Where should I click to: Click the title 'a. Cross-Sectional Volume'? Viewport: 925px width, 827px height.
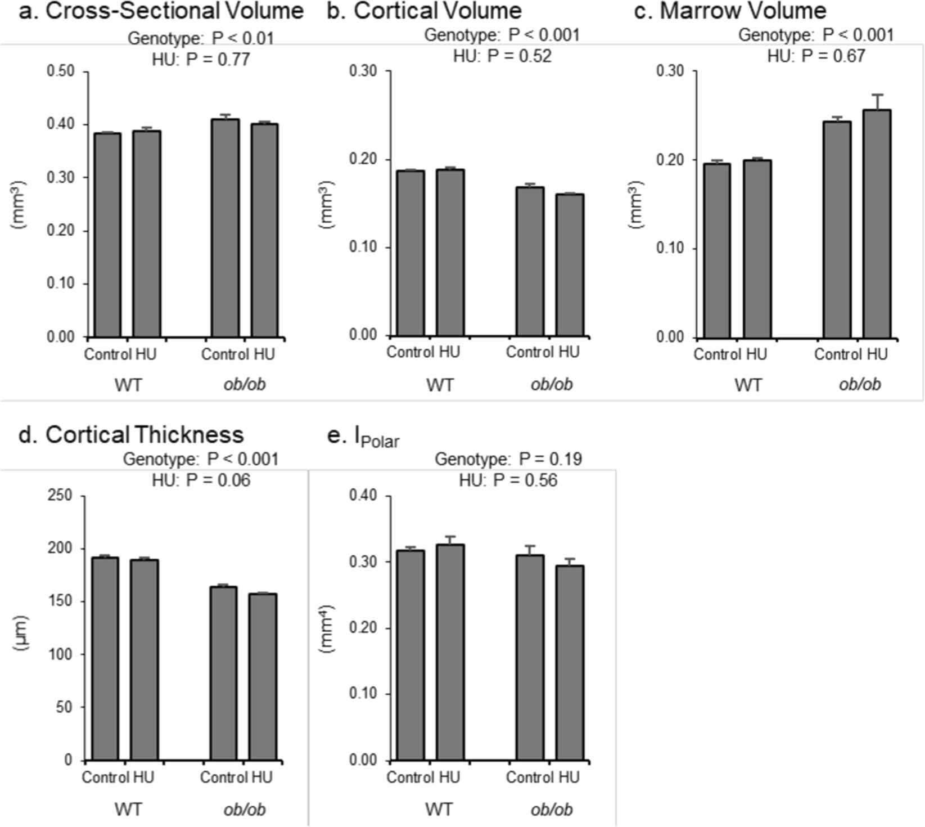click(161, 11)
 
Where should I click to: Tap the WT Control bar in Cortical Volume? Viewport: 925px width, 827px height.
click(411, 253)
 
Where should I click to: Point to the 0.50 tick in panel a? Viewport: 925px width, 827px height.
click(61, 71)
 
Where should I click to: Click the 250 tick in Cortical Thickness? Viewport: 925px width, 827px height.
click(61, 496)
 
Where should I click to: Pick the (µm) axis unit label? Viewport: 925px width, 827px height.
click(22, 633)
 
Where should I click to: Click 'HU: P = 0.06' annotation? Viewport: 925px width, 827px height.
click(201, 480)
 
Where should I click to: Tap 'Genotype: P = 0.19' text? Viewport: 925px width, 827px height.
click(508, 459)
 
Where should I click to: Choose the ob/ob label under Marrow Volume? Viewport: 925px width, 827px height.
click(859, 385)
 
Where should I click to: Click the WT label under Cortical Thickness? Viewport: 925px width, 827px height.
click(128, 810)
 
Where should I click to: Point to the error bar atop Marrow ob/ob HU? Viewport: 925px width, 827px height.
click(877, 102)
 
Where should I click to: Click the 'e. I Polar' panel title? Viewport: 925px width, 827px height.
click(363, 437)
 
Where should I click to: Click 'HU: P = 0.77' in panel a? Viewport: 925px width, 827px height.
click(201, 59)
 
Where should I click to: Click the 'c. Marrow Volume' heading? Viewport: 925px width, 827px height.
click(730, 11)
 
